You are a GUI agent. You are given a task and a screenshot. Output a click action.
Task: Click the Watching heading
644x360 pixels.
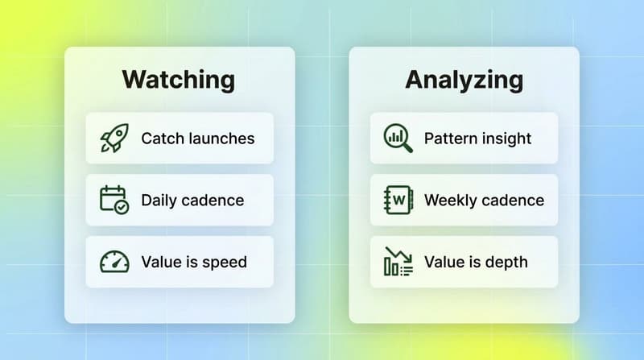pos(179,80)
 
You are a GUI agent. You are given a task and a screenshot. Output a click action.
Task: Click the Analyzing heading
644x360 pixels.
pos(464,80)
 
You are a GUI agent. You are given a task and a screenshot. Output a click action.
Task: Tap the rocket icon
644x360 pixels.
pos(114,138)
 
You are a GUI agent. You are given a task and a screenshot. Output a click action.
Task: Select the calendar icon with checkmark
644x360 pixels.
pos(114,200)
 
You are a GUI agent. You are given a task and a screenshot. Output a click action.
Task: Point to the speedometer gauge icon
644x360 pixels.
pos(114,262)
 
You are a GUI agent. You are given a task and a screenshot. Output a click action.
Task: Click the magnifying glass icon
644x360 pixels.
pos(398,138)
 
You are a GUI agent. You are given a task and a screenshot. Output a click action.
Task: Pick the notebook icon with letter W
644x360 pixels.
pos(398,200)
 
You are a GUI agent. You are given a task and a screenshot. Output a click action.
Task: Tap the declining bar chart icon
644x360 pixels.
pos(398,262)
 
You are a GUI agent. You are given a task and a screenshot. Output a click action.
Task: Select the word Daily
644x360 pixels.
pos(159,201)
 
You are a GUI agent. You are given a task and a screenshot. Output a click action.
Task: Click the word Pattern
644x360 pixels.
pos(451,139)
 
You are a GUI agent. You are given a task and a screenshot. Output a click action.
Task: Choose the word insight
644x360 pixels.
pos(507,139)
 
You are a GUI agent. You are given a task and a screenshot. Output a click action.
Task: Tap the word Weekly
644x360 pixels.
pos(451,201)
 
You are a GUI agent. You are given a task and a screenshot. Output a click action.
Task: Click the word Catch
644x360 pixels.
pos(162,139)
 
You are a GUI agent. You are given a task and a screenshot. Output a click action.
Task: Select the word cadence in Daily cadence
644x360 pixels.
pos(213,201)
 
